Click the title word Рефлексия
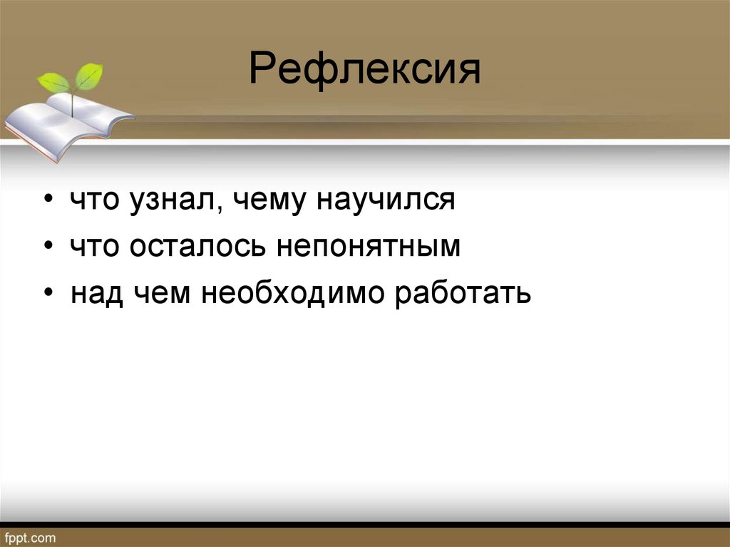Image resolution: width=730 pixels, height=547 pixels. tap(364, 71)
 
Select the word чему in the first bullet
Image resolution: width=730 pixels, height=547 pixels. tap(264, 200)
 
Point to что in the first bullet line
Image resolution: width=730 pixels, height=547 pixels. tap(96, 200)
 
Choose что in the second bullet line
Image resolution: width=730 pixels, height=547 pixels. tap(96, 247)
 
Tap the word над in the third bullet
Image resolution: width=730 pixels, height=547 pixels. tap(96, 293)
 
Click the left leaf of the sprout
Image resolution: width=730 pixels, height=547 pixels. tap(53, 83)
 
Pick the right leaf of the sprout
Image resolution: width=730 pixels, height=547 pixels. tap(88, 76)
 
